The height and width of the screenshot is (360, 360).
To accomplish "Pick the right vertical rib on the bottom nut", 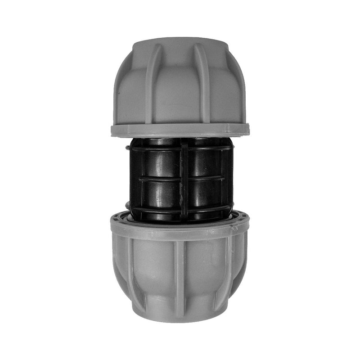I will [228, 270].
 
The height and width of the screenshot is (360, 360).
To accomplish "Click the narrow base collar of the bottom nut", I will [180, 313].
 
